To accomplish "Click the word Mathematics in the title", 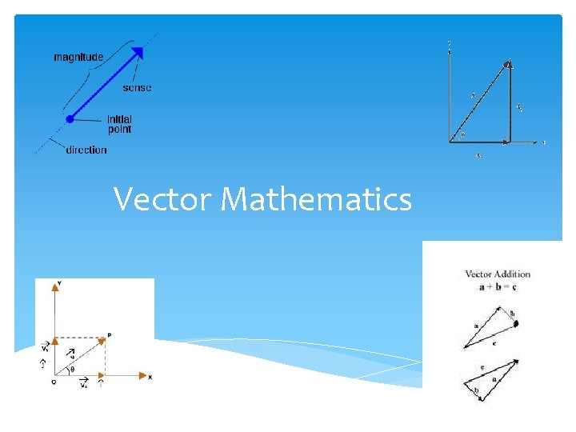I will pyautogui.click(x=316, y=199).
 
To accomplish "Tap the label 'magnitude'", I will pyautogui.click(x=78, y=57).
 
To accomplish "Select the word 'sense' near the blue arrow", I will pyautogui.click(x=137, y=87).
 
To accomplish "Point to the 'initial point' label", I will pyautogui.click(x=119, y=124).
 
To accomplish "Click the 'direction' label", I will pyautogui.click(x=86, y=150).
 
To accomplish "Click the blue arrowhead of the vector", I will pyautogui.click(x=138, y=54).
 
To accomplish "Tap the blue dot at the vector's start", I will pyautogui.click(x=70, y=118).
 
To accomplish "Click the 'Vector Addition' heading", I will pyautogui.click(x=498, y=274).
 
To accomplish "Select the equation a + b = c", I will pyautogui.click(x=498, y=286).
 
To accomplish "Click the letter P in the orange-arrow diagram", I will pyautogui.click(x=108, y=335).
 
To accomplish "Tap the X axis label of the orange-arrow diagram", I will pyautogui.click(x=150, y=377).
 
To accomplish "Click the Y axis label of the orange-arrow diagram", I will pyautogui.click(x=60, y=283).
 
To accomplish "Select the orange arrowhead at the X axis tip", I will pyautogui.click(x=141, y=374).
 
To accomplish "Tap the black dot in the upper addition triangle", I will pyautogui.click(x=516, y=323).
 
